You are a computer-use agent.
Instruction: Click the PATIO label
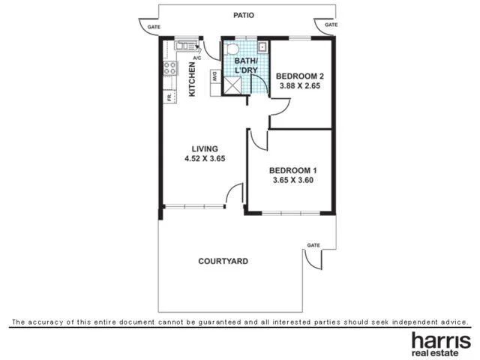point(244,15)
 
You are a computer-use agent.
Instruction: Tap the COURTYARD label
point(223,262)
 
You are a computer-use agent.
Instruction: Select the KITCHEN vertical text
point(193,79)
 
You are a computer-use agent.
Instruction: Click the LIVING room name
point(205,148)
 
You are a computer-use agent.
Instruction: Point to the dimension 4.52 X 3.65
point(205,159)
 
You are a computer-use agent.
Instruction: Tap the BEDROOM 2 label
point(299,76)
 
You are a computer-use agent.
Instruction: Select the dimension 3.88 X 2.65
point(299,86)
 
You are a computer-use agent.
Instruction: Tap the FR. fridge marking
point(169,97)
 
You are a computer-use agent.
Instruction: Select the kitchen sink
point(185,46)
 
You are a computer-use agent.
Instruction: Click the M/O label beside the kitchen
point(214,76)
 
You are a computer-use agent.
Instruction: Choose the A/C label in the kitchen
point(197,58)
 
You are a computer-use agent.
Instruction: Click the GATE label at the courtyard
point(313,245)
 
